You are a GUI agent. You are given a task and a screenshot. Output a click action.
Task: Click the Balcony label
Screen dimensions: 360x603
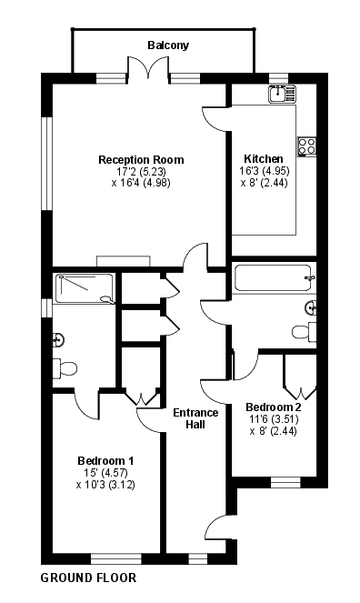click(168, 45)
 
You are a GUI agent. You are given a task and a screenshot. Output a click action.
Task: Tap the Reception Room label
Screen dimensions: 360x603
click(142, 159)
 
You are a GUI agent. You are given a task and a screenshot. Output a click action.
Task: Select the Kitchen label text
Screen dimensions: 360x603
click(264, 158)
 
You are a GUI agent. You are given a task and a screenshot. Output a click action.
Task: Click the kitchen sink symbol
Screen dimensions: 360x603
click(283, 94)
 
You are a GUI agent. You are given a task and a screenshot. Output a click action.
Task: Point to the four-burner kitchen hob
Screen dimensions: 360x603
click(307, 147)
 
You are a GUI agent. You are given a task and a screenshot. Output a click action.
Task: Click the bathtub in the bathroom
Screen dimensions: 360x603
click(274, 277)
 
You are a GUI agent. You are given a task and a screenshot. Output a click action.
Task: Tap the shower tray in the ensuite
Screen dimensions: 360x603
click(85, 288)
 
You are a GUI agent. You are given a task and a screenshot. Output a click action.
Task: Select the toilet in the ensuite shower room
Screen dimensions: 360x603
click(65, 368)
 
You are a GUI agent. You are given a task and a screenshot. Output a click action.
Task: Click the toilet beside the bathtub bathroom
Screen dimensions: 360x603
click(304, 331)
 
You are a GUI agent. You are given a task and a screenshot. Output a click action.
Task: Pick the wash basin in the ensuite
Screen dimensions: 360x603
click(58, 339)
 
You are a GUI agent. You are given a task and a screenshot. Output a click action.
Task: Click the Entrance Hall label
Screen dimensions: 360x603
click(195, 418)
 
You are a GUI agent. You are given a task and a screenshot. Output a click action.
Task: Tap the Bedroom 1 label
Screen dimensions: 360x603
click(105, 461)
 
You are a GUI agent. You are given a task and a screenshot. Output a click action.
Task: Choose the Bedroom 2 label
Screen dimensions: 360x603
click(273, 407)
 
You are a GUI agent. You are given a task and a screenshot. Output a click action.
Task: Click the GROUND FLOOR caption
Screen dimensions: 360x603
click(88, 578)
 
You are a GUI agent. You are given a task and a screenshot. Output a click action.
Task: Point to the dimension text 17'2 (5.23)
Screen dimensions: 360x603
click(142, 171)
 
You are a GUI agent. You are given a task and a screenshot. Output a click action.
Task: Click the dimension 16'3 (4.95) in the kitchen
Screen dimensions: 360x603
click(264, 170)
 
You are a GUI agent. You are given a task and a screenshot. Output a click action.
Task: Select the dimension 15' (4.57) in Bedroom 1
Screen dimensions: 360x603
click(105, 473)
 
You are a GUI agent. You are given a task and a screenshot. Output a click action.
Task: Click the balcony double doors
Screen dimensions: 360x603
click(148, 68)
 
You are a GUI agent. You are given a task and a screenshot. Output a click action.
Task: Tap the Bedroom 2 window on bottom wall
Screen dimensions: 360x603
click(285, 482)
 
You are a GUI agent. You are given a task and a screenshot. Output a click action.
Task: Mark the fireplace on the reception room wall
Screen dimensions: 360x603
click(124, 261)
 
